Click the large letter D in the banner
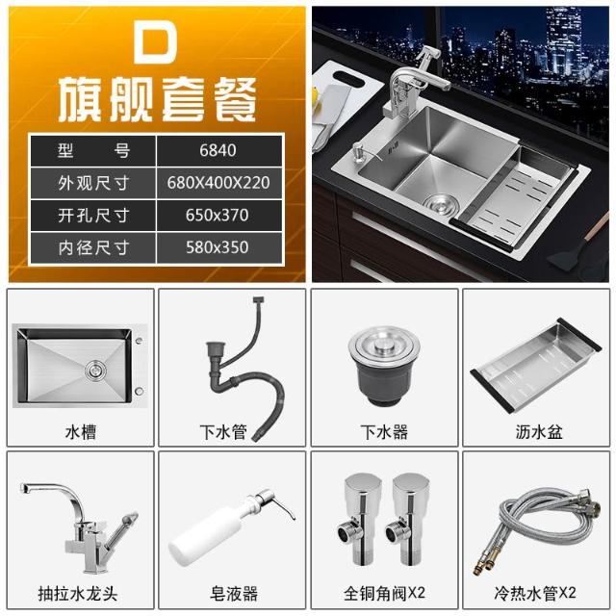tap(156, 40)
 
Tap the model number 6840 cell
tap(218, 150)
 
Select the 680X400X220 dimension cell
tap(218, 183)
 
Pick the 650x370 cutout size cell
tap(218, 216)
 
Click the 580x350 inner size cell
tap(218, 247)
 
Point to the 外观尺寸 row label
tap(93, 183)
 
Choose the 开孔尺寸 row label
tap(93, 216)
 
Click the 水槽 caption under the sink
tap(81, 432)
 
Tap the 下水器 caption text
tap(384, 432)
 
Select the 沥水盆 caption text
tap(539, 432)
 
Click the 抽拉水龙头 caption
tap(78, 594)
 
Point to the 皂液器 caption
tap(234, 594)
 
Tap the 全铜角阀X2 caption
tap(384, 593)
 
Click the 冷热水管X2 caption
tap(535, 593)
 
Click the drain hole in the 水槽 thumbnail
tap(95, 370)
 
